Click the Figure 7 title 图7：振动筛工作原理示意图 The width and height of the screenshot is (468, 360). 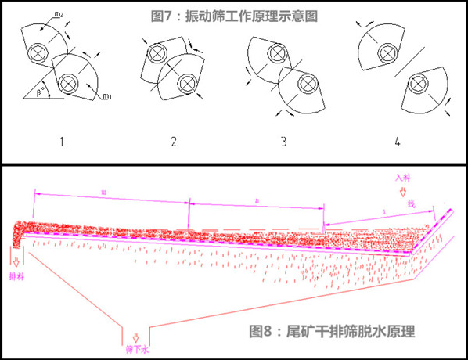pyautogui.click(x=236, y=15)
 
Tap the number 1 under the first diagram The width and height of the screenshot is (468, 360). pyautogui.click(x=61, y=141)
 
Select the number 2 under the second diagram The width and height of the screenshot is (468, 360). pyautogui.click(x=173, y=141)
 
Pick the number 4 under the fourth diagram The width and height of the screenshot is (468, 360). pyautogui.click(x=397, y=141)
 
